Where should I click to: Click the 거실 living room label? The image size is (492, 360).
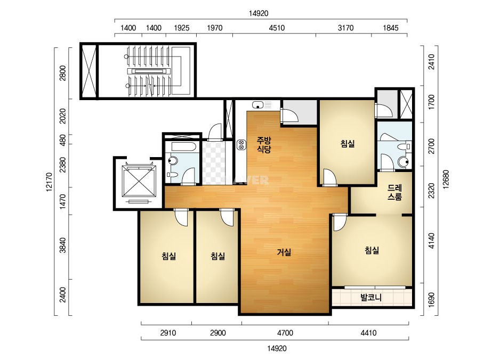[284, 252]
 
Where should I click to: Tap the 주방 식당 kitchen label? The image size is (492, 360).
[263, 144]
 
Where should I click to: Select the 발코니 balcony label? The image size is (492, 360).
[371, 297]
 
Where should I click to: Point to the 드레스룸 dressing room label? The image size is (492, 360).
[395, 192]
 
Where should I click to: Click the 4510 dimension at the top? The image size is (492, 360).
[277, 28]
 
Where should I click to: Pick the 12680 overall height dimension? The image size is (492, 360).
[446, 179]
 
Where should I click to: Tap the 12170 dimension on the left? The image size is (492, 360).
[49, 182]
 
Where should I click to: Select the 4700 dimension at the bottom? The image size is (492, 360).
[285, 333]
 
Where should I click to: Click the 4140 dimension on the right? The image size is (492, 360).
[432, 241]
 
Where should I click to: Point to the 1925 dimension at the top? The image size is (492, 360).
[182, 28]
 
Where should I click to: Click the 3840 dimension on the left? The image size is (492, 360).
[63, 246]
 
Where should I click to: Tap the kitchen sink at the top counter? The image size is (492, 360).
[257, 105]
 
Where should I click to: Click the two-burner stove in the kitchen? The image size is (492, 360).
[241, 144]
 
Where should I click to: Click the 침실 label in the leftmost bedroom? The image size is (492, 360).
[169, 256]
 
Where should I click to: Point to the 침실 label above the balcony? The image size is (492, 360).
[372, 250]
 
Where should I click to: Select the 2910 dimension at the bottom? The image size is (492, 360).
[168, 333]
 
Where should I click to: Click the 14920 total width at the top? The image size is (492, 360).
[259, 13]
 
